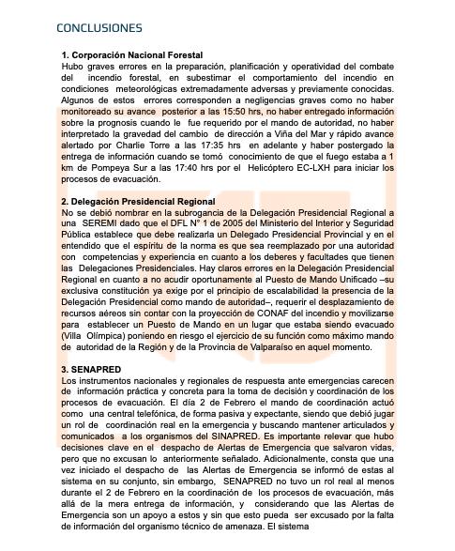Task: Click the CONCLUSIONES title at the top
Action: [x=99, y=28]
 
